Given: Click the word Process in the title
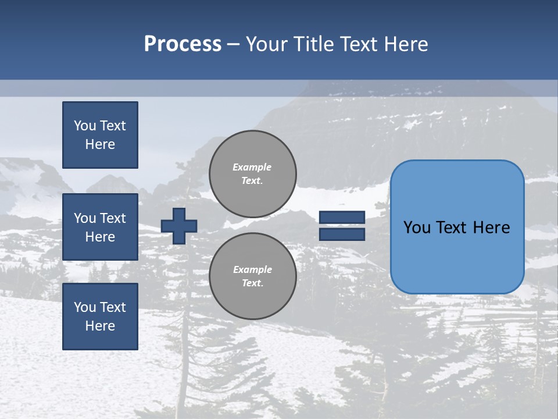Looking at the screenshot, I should tap(183, 44).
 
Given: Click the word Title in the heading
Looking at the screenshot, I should tap(313, 44).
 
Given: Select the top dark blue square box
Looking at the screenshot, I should tap(100, 135).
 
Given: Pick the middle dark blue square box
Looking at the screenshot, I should tap(100, 227).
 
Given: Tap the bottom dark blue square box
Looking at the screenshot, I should tap(100, 316).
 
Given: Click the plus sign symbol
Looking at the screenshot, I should tap(179, 226).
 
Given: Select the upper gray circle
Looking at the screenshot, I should tap(253, 173).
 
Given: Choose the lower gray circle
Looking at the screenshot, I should tap(253, 276).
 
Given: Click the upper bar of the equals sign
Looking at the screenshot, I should tap(342, 217).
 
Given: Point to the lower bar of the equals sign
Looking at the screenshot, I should tap(342, 234).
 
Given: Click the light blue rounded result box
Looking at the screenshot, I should tap(457, 256).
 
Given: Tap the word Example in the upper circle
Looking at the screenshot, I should tap(252, 167).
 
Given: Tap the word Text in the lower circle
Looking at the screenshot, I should tap(252, 283).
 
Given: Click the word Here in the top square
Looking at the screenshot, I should tap(100, 144).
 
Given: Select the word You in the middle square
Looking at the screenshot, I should tap(85, 218).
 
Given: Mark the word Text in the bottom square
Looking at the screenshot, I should tap(113, 307).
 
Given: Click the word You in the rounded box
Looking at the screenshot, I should tap(417, 228).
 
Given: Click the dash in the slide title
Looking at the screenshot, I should tap(233, 45).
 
